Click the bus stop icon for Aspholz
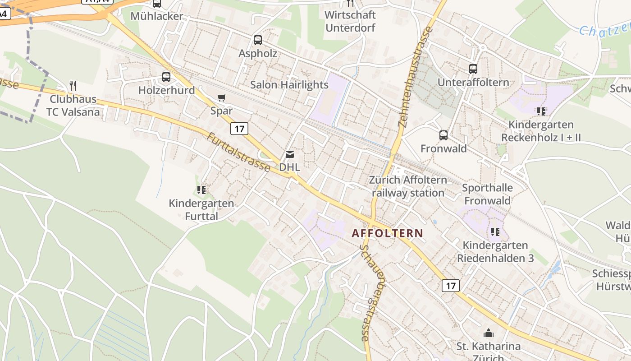click(x=257, y=40)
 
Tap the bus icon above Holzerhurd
click(x=166, y=77)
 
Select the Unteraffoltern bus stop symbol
click(x=473, y=69)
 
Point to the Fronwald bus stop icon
click(x=444, y=135)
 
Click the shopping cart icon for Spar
click(x=221, y=97)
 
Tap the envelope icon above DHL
click(x=289, y=154)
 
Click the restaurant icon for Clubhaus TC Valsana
click(x=73, y=86)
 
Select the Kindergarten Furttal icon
click(x=201, y=190)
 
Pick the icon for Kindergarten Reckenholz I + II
click(x=541, y=111)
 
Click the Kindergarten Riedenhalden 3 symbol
click(x=495, y=232)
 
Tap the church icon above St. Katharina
click(x=488, y=333)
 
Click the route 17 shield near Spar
click(x=239, y=129)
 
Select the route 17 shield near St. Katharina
click(x=450, y=285)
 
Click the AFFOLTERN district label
click(x=387, y=233)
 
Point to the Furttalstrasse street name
click(x=238, y=152)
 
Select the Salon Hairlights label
click(x=289, y=84)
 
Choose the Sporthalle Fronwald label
click(x=487, y=194)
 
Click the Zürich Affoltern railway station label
click(x=408, y=186)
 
